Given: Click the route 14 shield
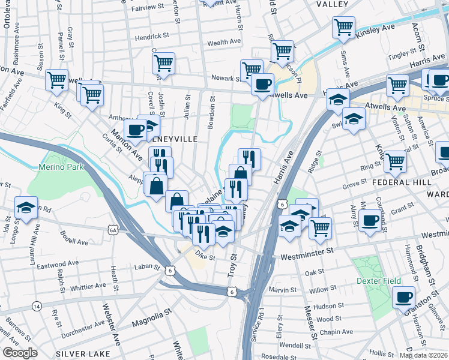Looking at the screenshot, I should click(37, 306).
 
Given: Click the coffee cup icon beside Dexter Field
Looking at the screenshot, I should click(404, 297).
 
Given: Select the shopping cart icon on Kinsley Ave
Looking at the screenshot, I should click(343, 27).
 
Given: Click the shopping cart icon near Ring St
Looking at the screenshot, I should click(395, 161).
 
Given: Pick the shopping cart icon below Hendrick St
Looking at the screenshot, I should click(163, 63).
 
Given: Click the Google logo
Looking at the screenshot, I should click(20, 353).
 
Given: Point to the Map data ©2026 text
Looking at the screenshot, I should click(423, 355).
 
